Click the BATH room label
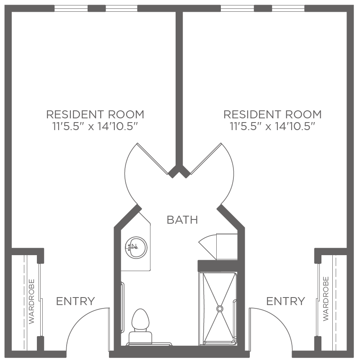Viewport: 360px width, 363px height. click(x=182, y=220)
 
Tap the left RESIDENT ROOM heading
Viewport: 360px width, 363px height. click(x=95, y=115)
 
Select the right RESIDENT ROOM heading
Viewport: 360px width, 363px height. click(x=272, y=115)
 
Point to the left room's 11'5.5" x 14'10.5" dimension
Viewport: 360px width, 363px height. click(x=95, y=126)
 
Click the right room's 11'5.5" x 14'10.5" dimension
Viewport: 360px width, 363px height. click(x=272, y=126)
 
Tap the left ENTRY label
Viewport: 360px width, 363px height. click(x=75, y=301)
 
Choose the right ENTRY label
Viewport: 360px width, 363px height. click(x=285, y=301)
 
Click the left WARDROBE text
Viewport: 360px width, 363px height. click(x=31, y=301)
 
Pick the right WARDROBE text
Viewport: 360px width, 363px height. click(x=326, y=299)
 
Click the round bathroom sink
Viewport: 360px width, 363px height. click(x=136, y=247)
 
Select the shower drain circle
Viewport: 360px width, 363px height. click(x=220, y=308)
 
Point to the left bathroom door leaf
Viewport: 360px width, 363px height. click(x=153, y=159)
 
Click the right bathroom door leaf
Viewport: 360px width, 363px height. click(x=206, y=159)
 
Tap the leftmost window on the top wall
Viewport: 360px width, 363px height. click(x=71, y=8)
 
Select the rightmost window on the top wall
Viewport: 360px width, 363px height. click(x=288, y=8)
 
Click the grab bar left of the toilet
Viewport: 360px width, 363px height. click(x=123, y=307)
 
